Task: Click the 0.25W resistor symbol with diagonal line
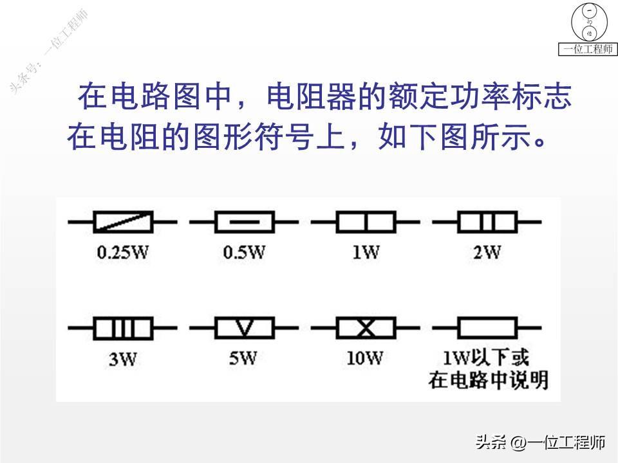pyautogui.click(x=122, y=222)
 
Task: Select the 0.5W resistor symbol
pyautogui.click(x=244, y=222)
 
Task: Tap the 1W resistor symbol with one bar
pyautogui.click(x=365, y=222)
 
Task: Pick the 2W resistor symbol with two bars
pyautogui.click(x=487, y=222)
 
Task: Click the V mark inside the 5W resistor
pyautogui.click(x=244, y=329)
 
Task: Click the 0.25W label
pyautogui.click(x=122, y=252)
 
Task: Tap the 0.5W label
pyautogui.click(x=244, y=252)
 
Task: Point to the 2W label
pyautogui.click(x=487, y=252)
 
